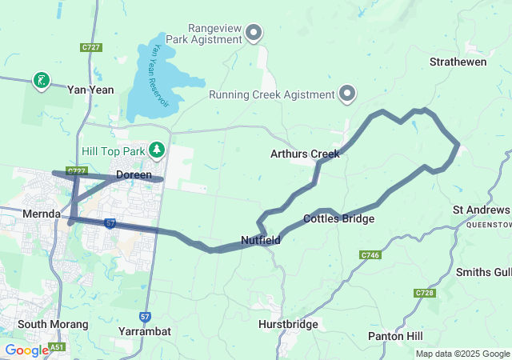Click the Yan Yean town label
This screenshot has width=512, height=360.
coord(90,90)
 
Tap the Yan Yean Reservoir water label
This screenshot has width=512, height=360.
coord(155,76)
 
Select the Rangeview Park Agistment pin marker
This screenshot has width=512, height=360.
coord(254,33)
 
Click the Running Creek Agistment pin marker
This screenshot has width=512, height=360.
coord(347,94)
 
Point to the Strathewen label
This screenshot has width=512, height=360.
coord(458,62)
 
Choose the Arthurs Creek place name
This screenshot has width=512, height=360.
coord(305,154)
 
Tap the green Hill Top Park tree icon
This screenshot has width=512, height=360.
coord(158,150)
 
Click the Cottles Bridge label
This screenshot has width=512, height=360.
coord(338,218)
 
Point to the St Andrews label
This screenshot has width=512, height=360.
coord(481,210)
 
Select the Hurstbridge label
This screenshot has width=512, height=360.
coord(289,325)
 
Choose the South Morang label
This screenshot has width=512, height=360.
coord(46,324)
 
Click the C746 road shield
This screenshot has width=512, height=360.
coord(370,255)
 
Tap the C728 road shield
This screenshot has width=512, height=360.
coord(425,294)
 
